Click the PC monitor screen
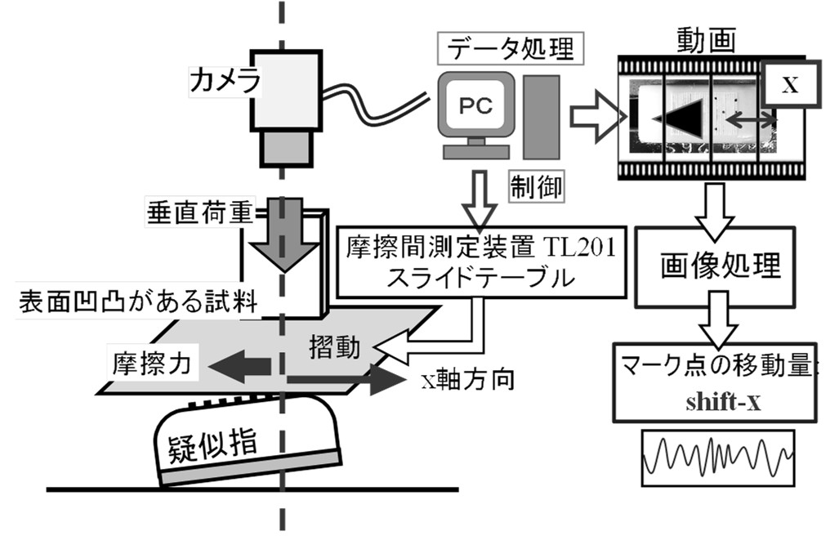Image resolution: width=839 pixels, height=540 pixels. tap(474, 105)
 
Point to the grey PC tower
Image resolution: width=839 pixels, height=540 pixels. tap(541, 116)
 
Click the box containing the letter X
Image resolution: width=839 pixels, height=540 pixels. tap(788, 85)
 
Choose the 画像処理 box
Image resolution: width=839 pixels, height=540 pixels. tap(720, 264)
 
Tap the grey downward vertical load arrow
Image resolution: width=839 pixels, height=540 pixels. tap(281, 237)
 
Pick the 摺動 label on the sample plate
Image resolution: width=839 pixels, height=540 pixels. tap(332, 346)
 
